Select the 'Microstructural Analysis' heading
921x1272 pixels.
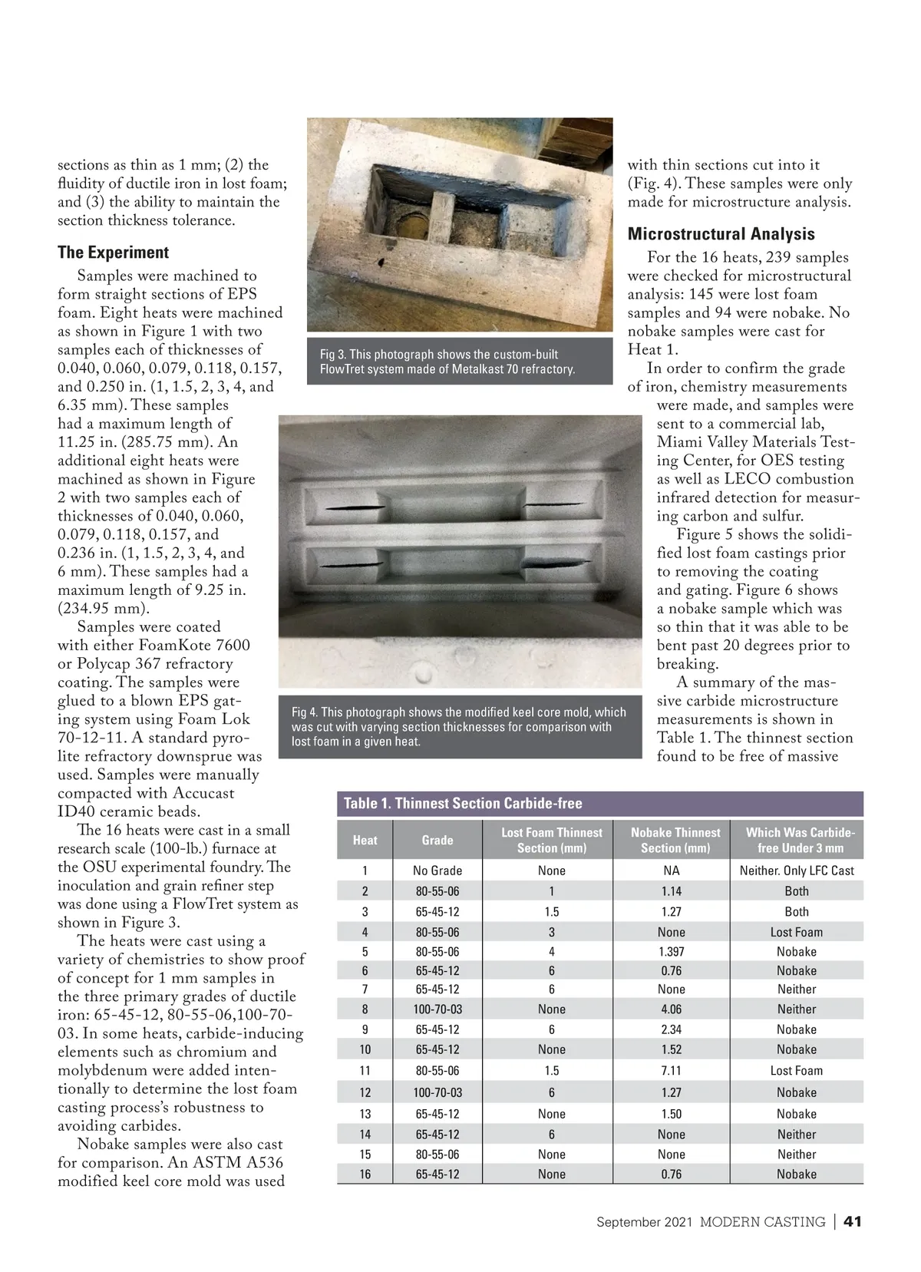tap(721, 234)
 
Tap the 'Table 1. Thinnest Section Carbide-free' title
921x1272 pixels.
tap(463, 803)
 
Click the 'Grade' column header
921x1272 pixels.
tap(437, 840)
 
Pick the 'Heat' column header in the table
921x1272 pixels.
tap(365, 840)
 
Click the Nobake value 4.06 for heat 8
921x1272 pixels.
tap(671, 1009)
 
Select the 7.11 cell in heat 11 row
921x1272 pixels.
tap(671, 1071)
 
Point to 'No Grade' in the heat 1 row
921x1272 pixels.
tap(437, 871)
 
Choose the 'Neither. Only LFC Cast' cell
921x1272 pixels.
tap(797, 871)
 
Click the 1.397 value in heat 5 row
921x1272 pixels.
tap(671, 952)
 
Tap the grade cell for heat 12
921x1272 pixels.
tap(437, 1092)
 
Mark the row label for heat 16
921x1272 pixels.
tap(365, 1174)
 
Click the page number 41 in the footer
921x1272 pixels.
tap(852, 1221)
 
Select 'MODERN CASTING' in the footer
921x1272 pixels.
tap(762, 1221)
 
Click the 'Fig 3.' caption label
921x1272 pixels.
tap(332, 355)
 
